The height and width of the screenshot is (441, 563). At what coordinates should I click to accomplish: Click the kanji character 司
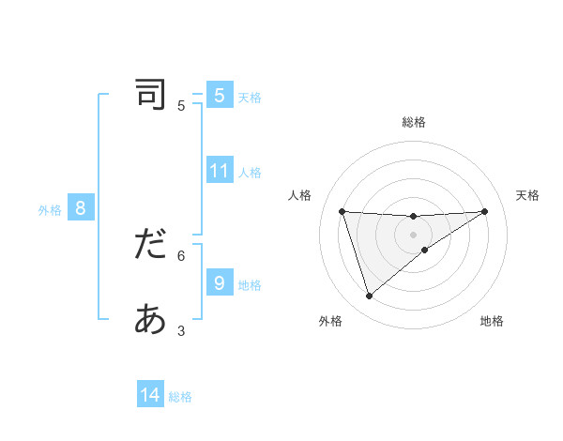tap(150, 95)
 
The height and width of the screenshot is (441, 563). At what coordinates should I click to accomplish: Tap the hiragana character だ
tap(150, 245)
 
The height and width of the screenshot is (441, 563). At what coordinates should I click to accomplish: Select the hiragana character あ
tap(150, 320)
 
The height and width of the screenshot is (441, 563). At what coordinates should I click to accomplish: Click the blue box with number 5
tap(220, 95)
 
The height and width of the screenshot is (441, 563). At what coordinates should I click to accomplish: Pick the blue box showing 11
tap(220, 171)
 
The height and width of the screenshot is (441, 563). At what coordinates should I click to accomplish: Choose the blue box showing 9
tap(220, 282)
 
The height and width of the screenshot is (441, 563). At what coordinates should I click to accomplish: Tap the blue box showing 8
tap(81, 208)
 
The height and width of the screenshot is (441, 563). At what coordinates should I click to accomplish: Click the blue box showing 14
tap(150, 395)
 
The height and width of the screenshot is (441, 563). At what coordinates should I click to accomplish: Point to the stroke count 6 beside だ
tap(181, 254)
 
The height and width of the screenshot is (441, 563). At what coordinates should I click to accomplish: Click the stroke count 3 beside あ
tap(181, 330)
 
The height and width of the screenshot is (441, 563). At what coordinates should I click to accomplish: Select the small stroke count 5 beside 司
tap(181, 105)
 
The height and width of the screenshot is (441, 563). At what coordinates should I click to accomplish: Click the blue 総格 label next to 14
tap(180, 397)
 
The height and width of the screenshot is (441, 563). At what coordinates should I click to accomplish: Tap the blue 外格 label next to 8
tap(50, 210)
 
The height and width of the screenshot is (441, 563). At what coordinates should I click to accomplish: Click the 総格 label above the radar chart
tap(413, 122)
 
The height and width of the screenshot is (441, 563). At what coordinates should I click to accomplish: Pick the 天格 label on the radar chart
tap(527, 195)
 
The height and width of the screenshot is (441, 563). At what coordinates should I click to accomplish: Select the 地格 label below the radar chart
tap(492, 321)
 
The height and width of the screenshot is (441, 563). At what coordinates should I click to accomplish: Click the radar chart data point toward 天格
tap(484, 211)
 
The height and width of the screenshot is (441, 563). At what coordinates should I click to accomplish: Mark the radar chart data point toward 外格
tap(369, 296)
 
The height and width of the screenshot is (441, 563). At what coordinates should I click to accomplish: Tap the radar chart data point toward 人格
tap(342, 211)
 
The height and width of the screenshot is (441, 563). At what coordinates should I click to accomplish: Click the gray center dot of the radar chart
tap(413, 235)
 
